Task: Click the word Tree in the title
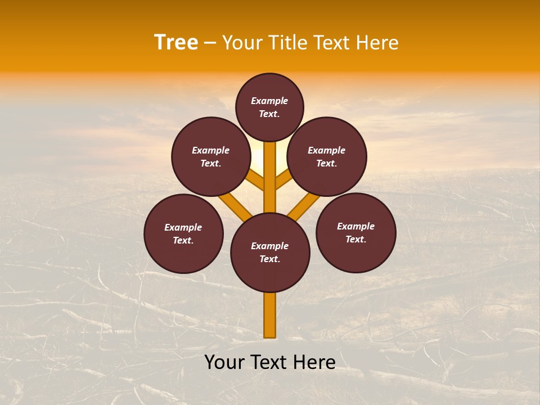click(x=176, y=43)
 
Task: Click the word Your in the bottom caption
click(x=224, y=362)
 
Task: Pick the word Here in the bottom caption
click(x=313, y=362)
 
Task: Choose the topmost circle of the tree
click(x=269, y=107)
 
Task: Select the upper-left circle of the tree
click(x=211, y=156)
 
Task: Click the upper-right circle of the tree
click(x=327, y=156)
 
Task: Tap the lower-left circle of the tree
click(x=183, y=233)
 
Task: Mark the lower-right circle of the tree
click(x=356, y=232)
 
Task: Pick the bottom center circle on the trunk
click(x=270, y=252)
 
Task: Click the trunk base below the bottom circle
click(x=270, y=315)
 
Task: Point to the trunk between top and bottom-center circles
click(x=270, y=177)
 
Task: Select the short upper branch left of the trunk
click(x=256, y=180)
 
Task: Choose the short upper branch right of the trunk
click(x=283, y=180)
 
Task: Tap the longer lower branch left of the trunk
click(x=235, y=206)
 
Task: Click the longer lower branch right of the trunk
click(x=304, y=206)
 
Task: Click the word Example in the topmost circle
click(x=269, y=101)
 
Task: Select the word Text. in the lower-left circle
click(x=183, y=240)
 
